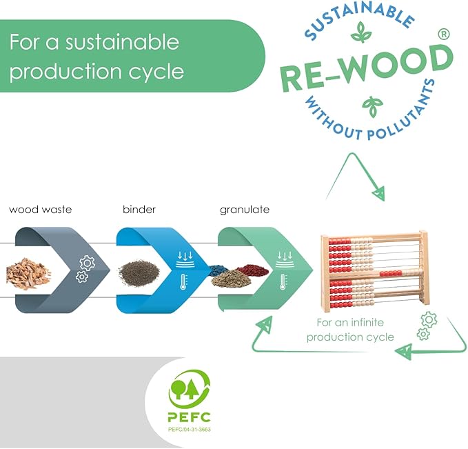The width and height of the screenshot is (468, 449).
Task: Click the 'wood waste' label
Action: (x=40, y=210)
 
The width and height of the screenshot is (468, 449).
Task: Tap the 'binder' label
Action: (x=139, y=210)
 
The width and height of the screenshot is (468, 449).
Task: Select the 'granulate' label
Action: (x=245, y=210)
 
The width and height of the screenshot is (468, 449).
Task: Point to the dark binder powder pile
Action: (x=139, y=272)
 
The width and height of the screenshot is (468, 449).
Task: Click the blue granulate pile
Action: (x=218, y=271)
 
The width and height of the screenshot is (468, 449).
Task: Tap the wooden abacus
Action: (x=374, y=271)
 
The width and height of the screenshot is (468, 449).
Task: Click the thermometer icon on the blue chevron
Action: (x=183, y=282)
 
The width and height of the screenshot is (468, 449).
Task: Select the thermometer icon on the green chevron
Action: (x=283, y=282)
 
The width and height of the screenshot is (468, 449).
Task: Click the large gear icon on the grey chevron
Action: (x=88, y=263)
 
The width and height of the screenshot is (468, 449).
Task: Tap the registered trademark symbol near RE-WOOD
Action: (x=444, y=34)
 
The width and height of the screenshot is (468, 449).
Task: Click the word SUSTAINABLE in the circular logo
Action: (x=359, y=19)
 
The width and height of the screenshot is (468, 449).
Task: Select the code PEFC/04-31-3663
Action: (x=190, y=429)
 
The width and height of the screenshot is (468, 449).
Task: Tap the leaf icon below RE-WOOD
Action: (x=372, y=106)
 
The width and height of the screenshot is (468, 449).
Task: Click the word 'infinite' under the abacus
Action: (x=367, y=322)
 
